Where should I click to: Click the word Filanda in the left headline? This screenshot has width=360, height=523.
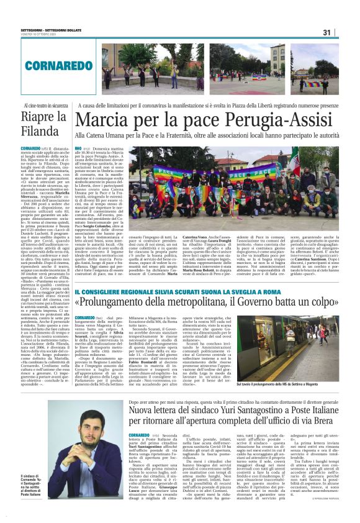click(x=38, y=132)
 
